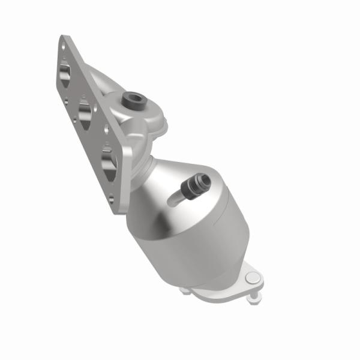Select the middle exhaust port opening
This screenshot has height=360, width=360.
tap(85, 112)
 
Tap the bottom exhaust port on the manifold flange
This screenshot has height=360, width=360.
tap(109, 160)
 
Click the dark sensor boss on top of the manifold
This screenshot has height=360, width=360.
tap(130, 100)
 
